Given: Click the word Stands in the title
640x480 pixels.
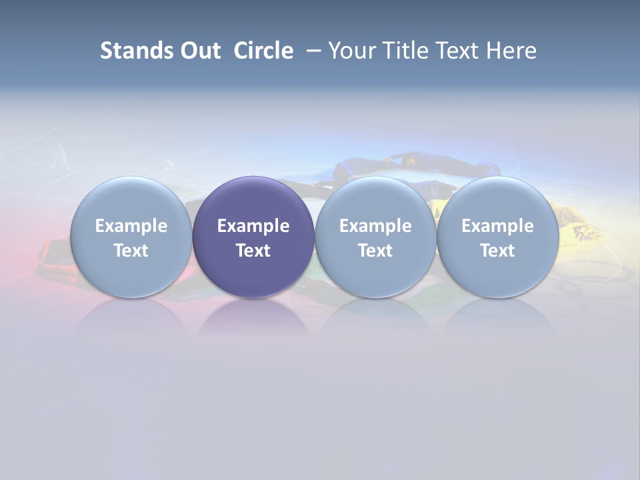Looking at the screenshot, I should (129, 51).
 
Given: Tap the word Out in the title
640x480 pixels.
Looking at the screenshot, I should (198, 51).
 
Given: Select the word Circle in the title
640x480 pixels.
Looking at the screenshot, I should (263, 51).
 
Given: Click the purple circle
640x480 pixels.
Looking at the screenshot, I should (253, 237).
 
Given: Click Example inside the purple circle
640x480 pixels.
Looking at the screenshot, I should (253, 226).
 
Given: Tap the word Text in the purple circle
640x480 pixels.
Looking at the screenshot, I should (253, 251).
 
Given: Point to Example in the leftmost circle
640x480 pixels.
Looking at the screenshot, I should (131, 226).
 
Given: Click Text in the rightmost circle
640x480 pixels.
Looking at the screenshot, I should (497, 251).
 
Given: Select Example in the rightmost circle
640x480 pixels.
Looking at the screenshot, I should (497, 226).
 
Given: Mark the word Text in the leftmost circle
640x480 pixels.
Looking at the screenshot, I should (131, 251).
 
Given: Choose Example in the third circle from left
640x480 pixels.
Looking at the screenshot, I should (375, 226).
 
